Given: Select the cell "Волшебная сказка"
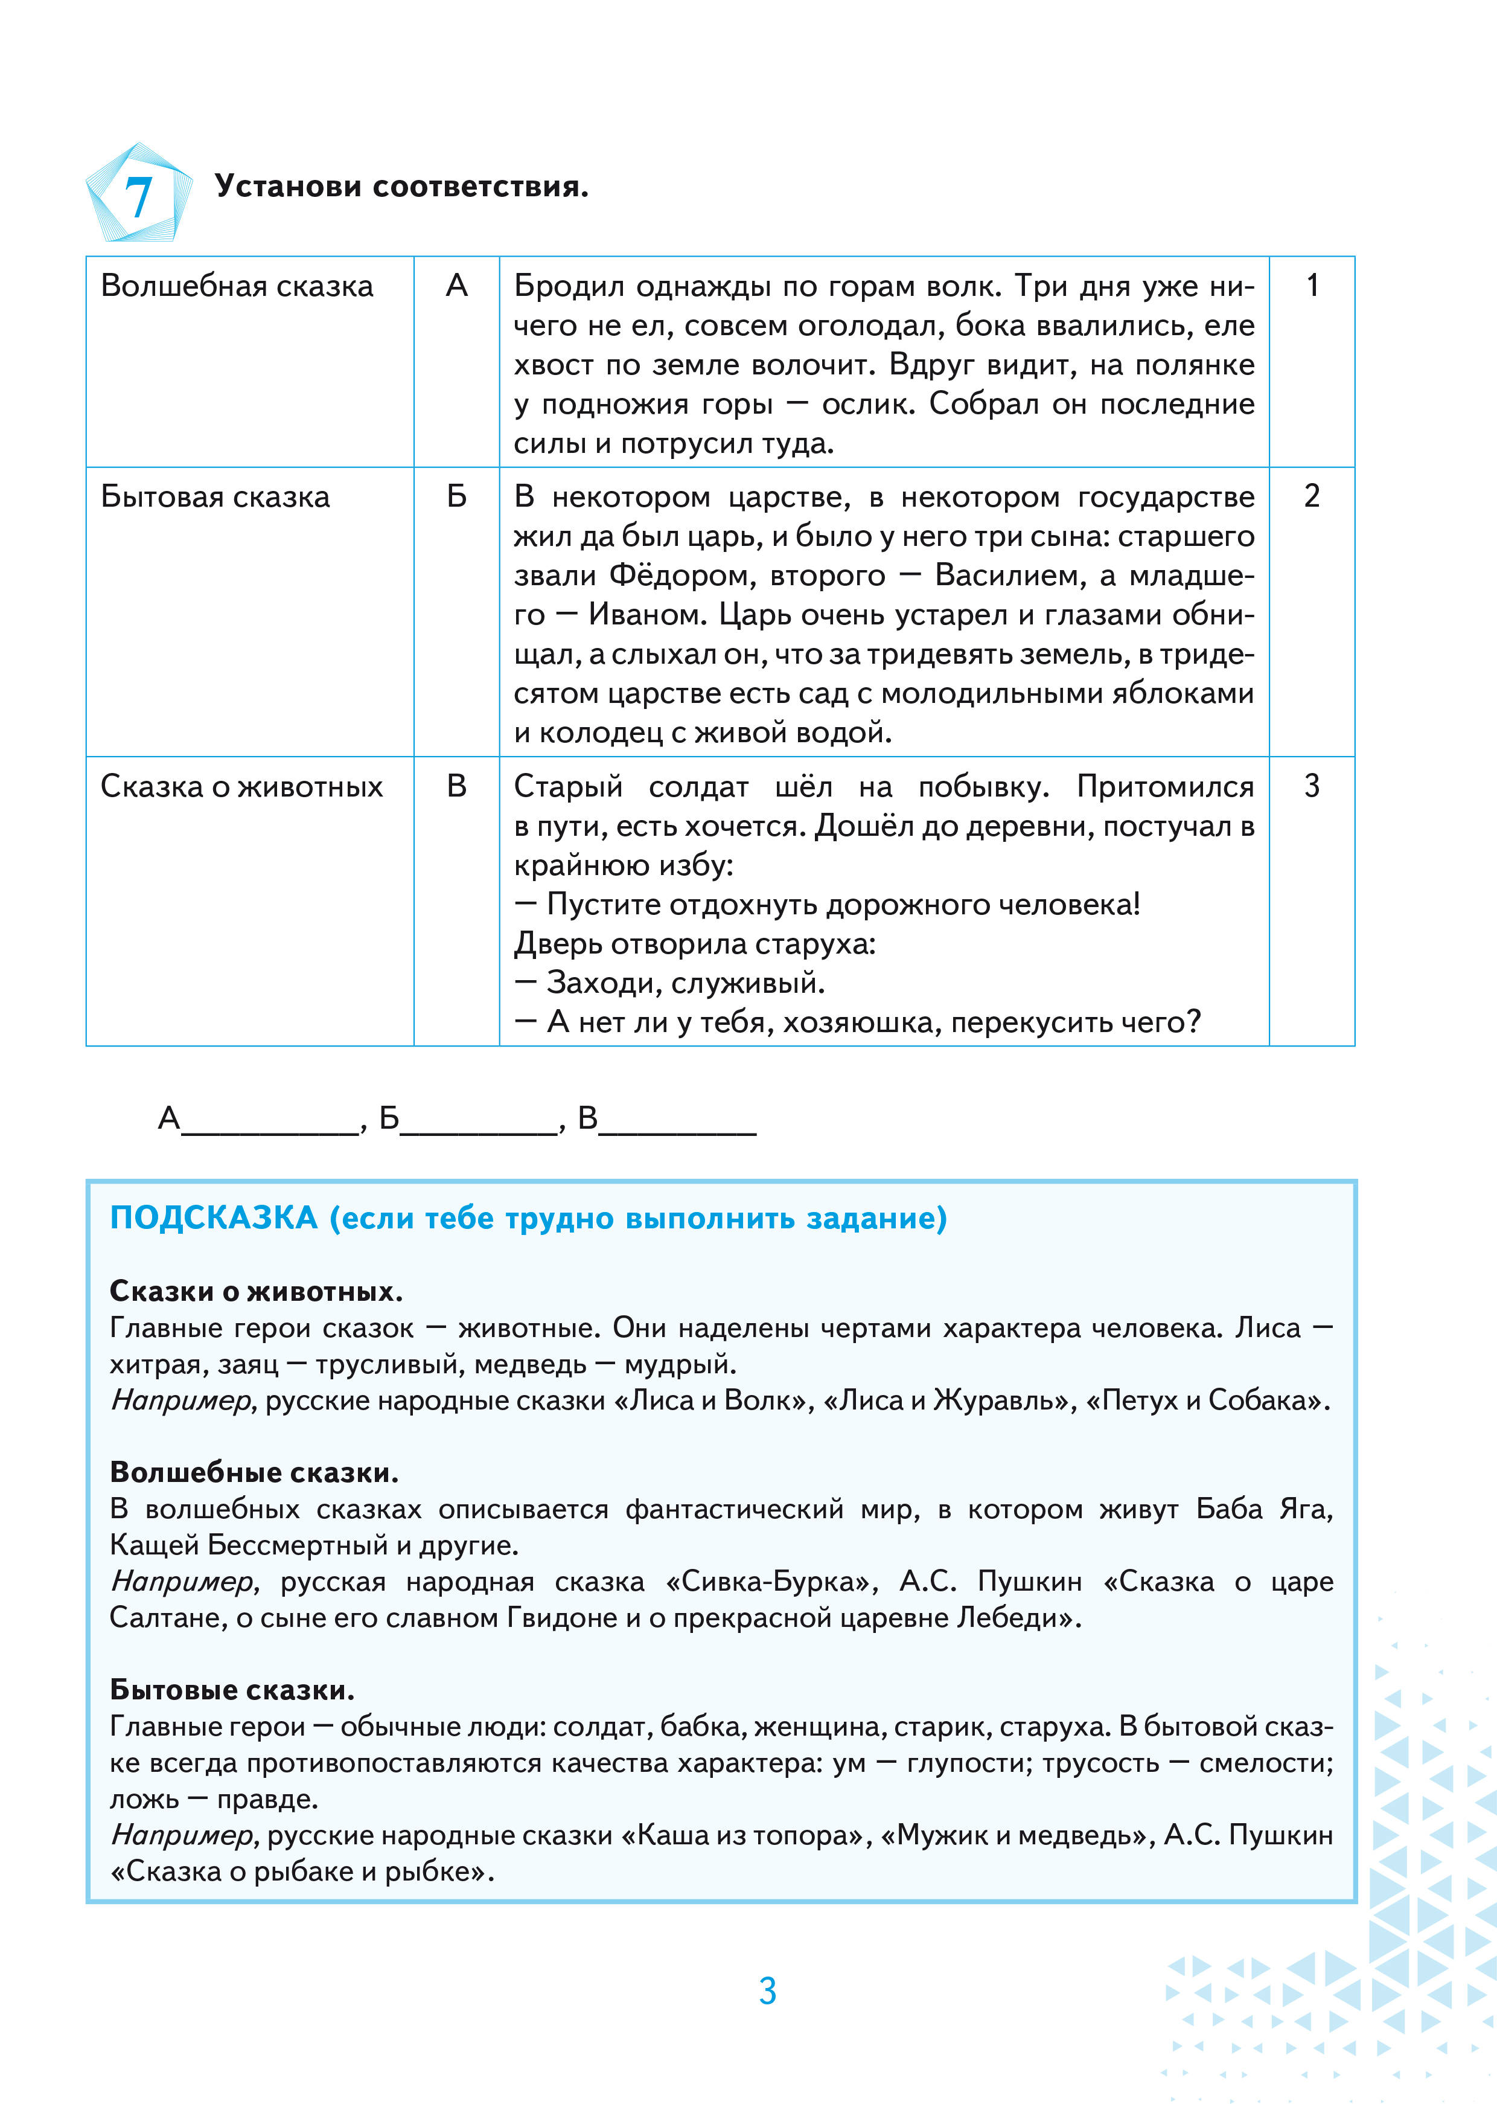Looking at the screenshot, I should [x=237, y=287].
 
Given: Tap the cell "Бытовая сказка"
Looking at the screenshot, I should [x=215, y=497].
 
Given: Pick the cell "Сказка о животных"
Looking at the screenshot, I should [x=241, y=786].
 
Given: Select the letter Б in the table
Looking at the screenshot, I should [x=456, y=497].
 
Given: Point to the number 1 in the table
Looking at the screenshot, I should [x=1312, y=286].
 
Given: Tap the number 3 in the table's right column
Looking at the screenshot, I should [x=1312, y=786].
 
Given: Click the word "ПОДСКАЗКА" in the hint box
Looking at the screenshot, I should [x=213, y=1218].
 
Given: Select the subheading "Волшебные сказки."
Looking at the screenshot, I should [x=254, y=1472].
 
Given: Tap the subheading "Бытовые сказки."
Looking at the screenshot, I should [x=231, y=1690].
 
